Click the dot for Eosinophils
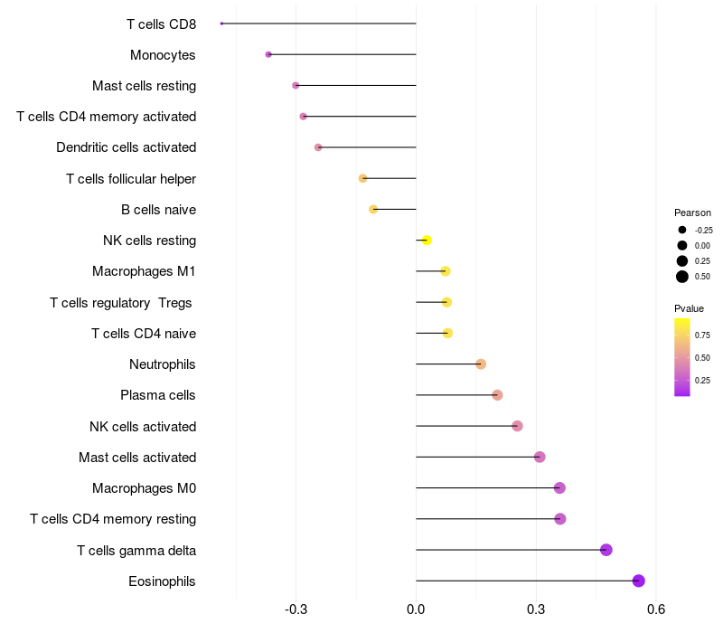tap(638, 581)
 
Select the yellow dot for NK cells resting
tap(427, 241)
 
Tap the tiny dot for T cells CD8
tap(221, 24)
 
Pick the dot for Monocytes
tap(268, 54)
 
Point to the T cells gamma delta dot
tap(606, 550)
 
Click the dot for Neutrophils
tap(481, 364)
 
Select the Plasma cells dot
tap(497, 395)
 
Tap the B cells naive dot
tap(373, 210)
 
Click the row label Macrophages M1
tap(144, 271)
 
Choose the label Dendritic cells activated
tap(127, 147)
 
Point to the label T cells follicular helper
tap(131, 178)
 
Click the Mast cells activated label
tap(137, 458)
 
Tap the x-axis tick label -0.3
tap(296, 609)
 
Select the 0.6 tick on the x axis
tap(656, 609)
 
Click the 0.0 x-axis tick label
tap(416, 609)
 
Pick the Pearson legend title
tap(692, 213)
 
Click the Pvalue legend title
tap(689, 308)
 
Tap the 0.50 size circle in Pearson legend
tap(682, 277)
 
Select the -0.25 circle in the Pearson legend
tap(682, 230)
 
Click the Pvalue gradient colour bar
tap(682, 357)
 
